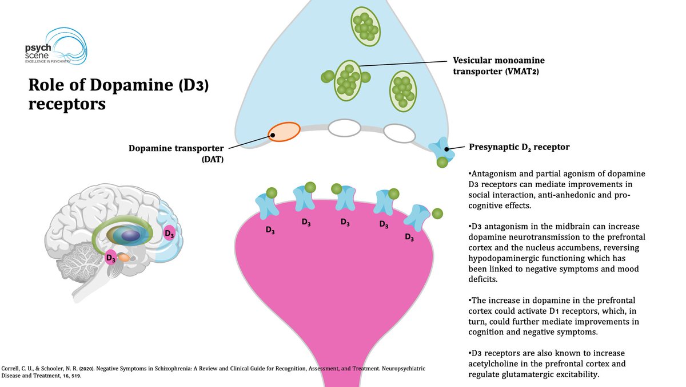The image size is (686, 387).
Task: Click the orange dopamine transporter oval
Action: pyautogui.click(x=284, y=132)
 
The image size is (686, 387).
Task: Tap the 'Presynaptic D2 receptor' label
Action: pyautogui.click(x=519, y=147)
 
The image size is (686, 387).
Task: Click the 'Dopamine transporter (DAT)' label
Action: pyautogui.click(x=176, y=153)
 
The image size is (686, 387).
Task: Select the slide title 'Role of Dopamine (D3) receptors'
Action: pyautogui.click(x=123, y=95)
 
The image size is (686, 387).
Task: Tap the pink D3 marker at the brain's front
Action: pyautogui.click(x=169, y=233)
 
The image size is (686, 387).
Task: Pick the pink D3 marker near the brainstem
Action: pyautogui.click(x=111, y=257)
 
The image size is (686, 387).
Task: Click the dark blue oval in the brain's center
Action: pyautogui.click(x=131, y=235)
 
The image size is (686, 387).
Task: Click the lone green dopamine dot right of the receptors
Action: pyautogui.click(x=437, y=214)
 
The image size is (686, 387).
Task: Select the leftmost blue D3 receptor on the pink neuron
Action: pyautogui.click(x=267, y=206)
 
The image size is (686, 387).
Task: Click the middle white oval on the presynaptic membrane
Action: pyautogui.click(x=344, y=127)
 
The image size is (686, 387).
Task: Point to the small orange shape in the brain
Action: pyautogui.click(x=125, y=258)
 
